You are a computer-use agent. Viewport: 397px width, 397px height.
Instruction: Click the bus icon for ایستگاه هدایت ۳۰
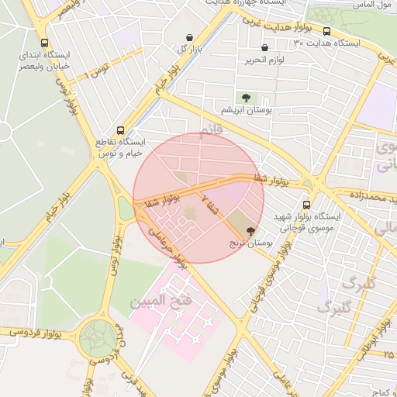[x=326, y=32]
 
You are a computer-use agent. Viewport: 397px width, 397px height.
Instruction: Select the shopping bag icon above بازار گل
[x=190, y=37]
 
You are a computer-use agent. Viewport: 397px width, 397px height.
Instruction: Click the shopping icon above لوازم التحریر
[x=265, y=48]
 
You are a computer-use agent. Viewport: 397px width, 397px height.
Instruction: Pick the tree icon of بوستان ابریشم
[x=246, y=98]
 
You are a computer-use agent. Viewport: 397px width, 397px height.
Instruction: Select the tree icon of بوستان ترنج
[x=250, y=230]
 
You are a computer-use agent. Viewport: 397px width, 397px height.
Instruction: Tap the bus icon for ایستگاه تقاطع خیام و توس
[x=119, y=130]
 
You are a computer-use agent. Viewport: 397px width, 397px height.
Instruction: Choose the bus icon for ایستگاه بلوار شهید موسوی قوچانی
[x=307, y=205]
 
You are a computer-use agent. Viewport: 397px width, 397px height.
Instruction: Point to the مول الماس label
[x=370, y=5]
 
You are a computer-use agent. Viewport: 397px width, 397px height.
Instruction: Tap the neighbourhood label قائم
[x=211, y=133]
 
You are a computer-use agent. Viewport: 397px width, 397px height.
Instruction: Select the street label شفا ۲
[x=212, y=204]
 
